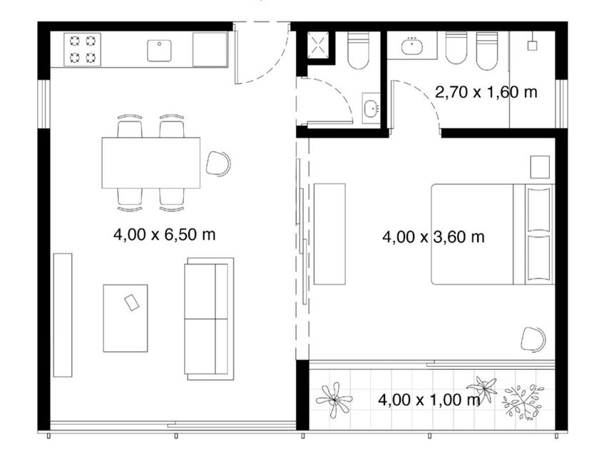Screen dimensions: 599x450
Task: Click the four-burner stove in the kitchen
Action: pyautogui.click(x=82, y=49)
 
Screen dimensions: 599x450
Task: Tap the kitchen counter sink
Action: pyautogui.click(x=159, y=51)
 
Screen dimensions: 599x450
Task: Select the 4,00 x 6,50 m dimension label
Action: pyautogui.click(x=164, y=234)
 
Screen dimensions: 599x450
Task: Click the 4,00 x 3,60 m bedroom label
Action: pyautogui.click(x=434, y=237)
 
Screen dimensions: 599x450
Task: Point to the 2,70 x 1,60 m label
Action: pyautogui.click(x=486, y=92)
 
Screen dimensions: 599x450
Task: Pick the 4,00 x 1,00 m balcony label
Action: pyautogui.click(x=429, y=400)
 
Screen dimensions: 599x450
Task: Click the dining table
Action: pyautogui.click(x=151, y=163)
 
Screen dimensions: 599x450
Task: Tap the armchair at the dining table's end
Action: pyautogui.click(x=218, y=164)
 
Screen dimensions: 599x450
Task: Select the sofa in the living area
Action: pyautogui.click(x=209, y=319)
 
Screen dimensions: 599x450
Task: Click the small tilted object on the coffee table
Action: pyautogui.click(x=132, y=302)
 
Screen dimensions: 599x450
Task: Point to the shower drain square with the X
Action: pyautogui.click(x=318, y=46)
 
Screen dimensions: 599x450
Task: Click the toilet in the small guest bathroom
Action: pyautogui.click(x=358, y=51)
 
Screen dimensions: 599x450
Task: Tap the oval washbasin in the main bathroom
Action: pyautogui.click(x=412, y=47)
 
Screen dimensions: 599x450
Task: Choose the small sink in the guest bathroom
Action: pyautogui.click(x=371, y=109)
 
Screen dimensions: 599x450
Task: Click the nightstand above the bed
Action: pyautogui.click(x=540, y=167)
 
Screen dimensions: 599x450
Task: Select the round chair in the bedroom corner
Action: pyautogui.click(x=533, y=339)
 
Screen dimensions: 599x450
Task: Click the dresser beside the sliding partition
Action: pyautogui.click(x=329, y=234)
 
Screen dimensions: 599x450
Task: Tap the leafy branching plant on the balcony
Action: pyautogui.click(x=523, y=401)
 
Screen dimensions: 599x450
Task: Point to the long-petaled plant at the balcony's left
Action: pyautogui.click(x=334, y=400)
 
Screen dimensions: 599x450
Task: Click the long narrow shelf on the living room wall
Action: pyautogui.click(x=63, y=315)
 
